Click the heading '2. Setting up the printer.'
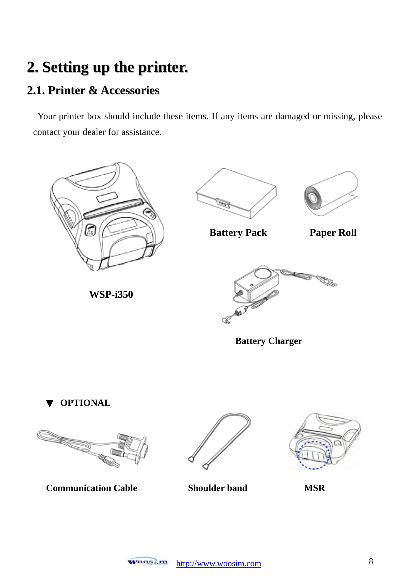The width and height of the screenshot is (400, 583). point(107,67)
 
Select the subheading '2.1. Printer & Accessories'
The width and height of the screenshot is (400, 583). point(93,90)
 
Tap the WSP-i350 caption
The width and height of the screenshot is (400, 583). point(111,294)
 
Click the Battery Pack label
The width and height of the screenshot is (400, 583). point(238,233)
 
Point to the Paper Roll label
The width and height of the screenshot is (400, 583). point(333,233)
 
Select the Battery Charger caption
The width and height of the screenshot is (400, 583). point(268,341)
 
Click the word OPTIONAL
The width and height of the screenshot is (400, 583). point(85,403)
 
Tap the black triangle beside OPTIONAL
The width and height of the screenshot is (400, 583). point(50,404)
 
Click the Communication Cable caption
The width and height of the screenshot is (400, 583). point(92,488)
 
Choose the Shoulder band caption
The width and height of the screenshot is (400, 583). point(218,488)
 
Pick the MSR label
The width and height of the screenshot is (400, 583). point(314,488)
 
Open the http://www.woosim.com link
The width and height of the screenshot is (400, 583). point(219,564)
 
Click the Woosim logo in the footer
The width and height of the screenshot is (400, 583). point(147,562)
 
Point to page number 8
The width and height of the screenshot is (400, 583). point(371,561)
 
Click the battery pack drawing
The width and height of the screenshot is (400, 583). point(236,193)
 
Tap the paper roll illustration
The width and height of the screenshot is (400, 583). point(330,193)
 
